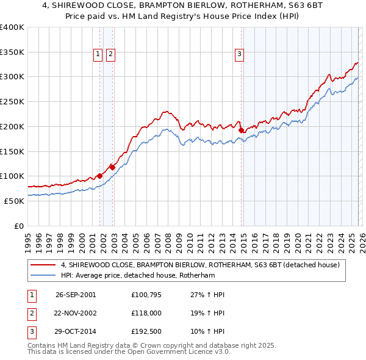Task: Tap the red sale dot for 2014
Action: point(241,130)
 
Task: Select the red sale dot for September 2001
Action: point(99,176)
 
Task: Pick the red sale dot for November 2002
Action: point(112,167)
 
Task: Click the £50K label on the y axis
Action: point(14,201)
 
